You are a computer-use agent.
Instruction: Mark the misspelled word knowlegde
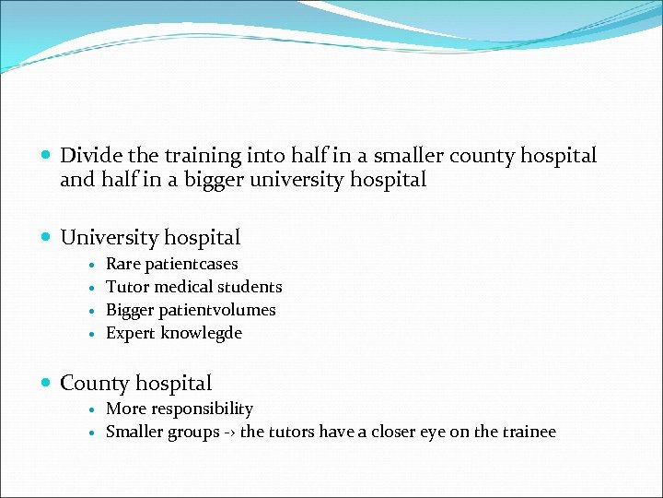[202, 334]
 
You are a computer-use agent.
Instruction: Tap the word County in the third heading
[90, 384]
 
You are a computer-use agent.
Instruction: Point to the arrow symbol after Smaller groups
[228, 433]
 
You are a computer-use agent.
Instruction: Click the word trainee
[525, 432]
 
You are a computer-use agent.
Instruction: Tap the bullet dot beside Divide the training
[47, 157]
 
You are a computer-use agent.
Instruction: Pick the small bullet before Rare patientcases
[93, 266]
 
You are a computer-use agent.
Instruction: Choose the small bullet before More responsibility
[93, 409]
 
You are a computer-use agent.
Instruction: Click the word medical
[180, 288]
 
